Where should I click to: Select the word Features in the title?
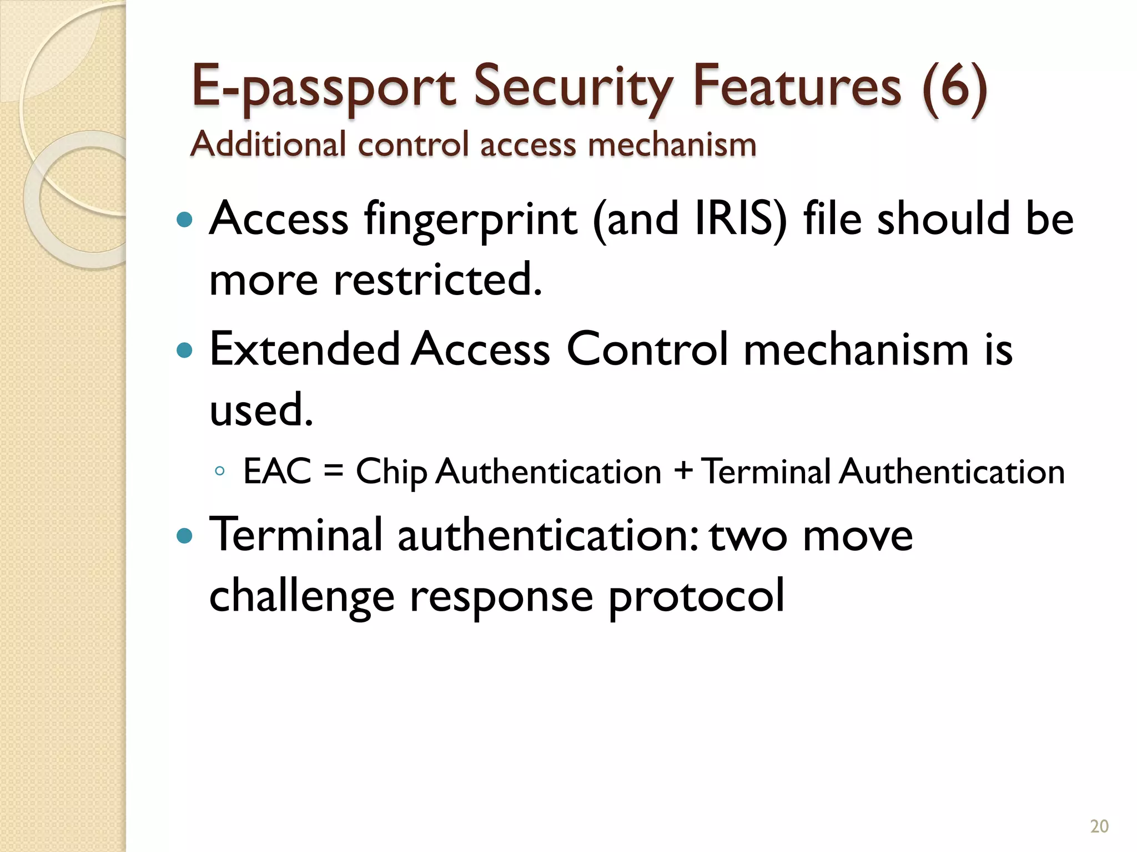797,86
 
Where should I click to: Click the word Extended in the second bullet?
305,349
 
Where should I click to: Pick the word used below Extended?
261,410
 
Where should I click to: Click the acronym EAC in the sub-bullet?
278,471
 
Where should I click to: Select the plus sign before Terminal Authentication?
683,471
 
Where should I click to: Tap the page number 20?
1099,826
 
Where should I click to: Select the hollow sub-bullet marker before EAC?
219,472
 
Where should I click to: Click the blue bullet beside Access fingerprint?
184,220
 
